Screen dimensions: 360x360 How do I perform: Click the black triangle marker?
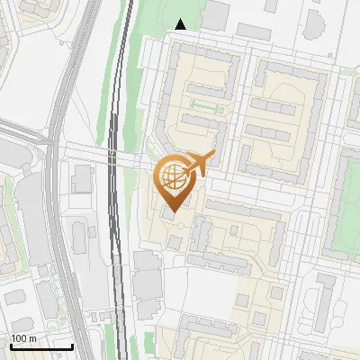coord(181,24)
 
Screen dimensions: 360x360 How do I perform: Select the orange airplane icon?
coord(198,165)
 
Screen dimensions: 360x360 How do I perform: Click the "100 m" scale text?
coord(23,337)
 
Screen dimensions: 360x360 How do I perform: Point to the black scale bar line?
coord(41,346)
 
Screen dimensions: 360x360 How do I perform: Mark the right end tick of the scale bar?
coord(72,345)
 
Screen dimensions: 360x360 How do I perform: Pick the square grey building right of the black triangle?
coord(216,14)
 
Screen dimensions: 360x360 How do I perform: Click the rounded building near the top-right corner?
coord(314,22)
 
